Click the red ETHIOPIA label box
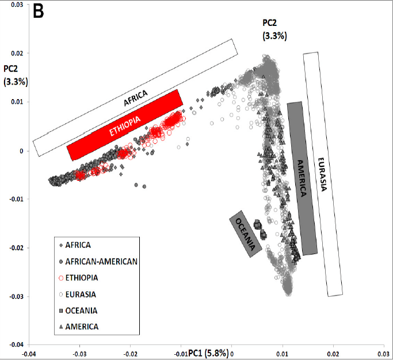125,125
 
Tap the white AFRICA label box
135,98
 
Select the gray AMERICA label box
302,178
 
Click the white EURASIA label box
323,174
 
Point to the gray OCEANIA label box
244,233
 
